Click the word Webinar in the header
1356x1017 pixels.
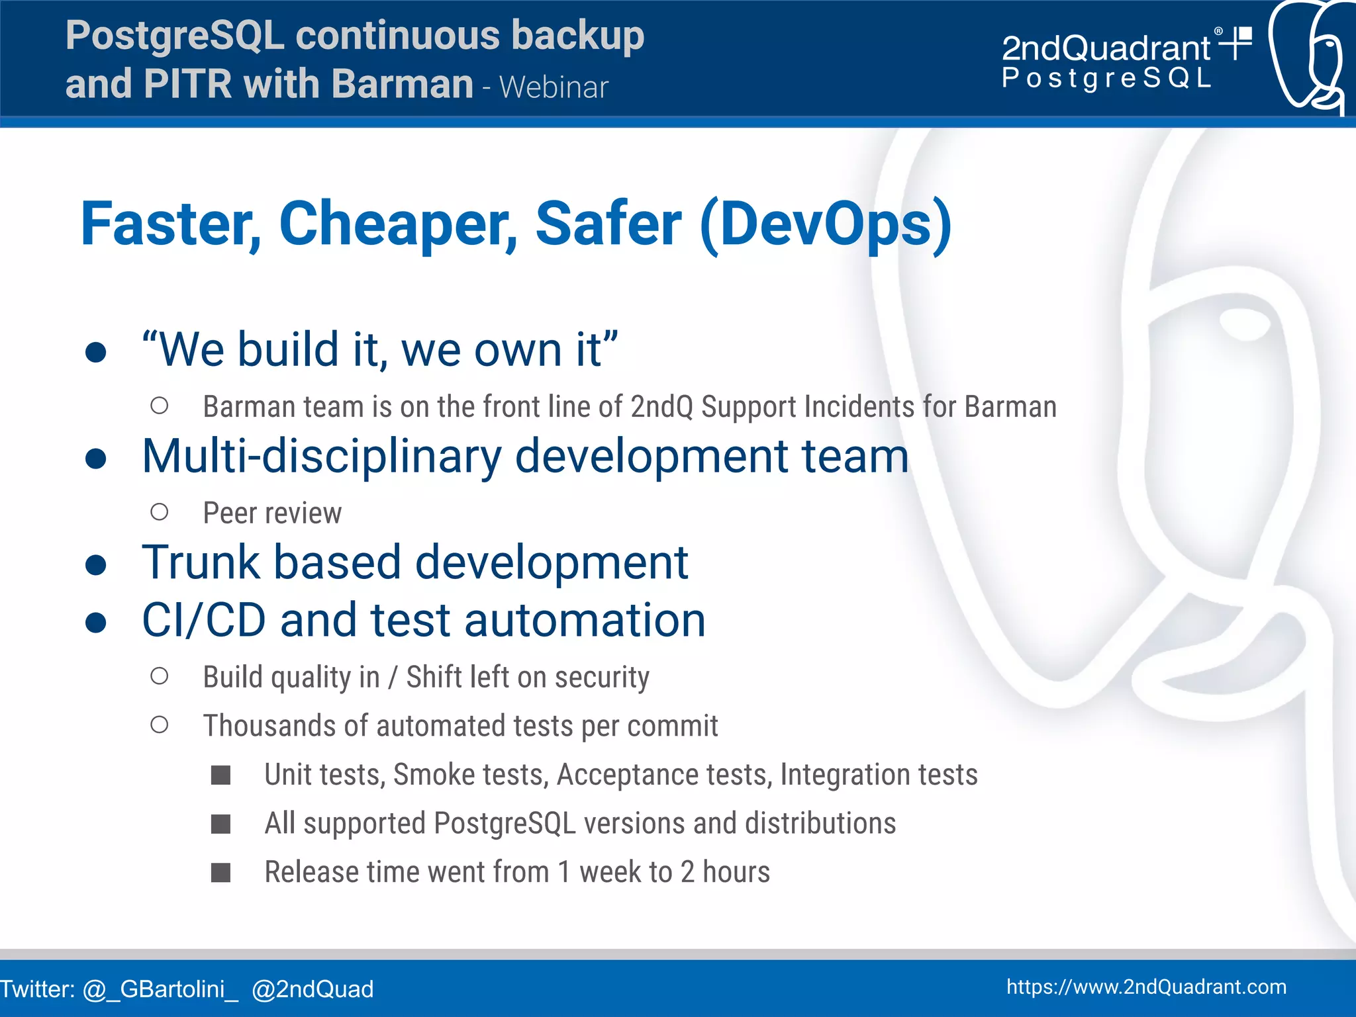coord(554,87)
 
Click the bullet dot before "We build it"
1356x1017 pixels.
coord(96,351)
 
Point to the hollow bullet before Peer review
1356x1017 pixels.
coord(159,512)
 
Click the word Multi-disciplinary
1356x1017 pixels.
coord(322,457)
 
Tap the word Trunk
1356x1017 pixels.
coord(201,563)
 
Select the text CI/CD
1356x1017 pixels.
coord(204,621)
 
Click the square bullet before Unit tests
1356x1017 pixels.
coord(220,775)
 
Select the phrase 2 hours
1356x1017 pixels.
coord(725,872)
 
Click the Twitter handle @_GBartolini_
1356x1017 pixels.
coord(160,989)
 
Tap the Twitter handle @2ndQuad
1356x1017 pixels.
coord(313,989)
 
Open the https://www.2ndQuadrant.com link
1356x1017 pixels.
coord(1146,987)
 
